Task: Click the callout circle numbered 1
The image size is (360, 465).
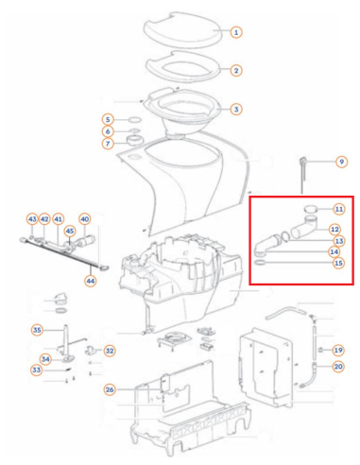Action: tap(236, 32)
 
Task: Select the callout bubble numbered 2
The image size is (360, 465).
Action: tap(236, 71)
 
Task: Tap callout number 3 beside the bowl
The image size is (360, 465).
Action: tap(236, 110)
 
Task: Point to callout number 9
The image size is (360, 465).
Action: tap(341, 162)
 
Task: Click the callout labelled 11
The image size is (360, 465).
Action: tap(339, 209)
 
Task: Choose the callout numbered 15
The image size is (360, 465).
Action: tap(338, 263)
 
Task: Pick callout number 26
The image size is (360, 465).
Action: tap(110, 389)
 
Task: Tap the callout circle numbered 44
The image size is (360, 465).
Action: tap(91, 281)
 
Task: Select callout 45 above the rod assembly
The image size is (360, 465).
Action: tap(70, 232)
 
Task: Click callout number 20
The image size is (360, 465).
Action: tap(338, 367)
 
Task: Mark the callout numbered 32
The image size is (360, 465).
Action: tap(110, 351)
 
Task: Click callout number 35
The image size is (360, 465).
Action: tap(37, 330)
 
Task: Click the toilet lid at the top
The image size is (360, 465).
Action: tap(182, 30)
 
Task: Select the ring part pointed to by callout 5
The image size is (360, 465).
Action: tap(135, 120)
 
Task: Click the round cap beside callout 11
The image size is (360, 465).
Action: tap(311, 209)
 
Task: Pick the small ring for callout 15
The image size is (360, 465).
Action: tap(260, 263)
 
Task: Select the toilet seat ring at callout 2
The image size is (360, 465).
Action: tap(184, 67)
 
